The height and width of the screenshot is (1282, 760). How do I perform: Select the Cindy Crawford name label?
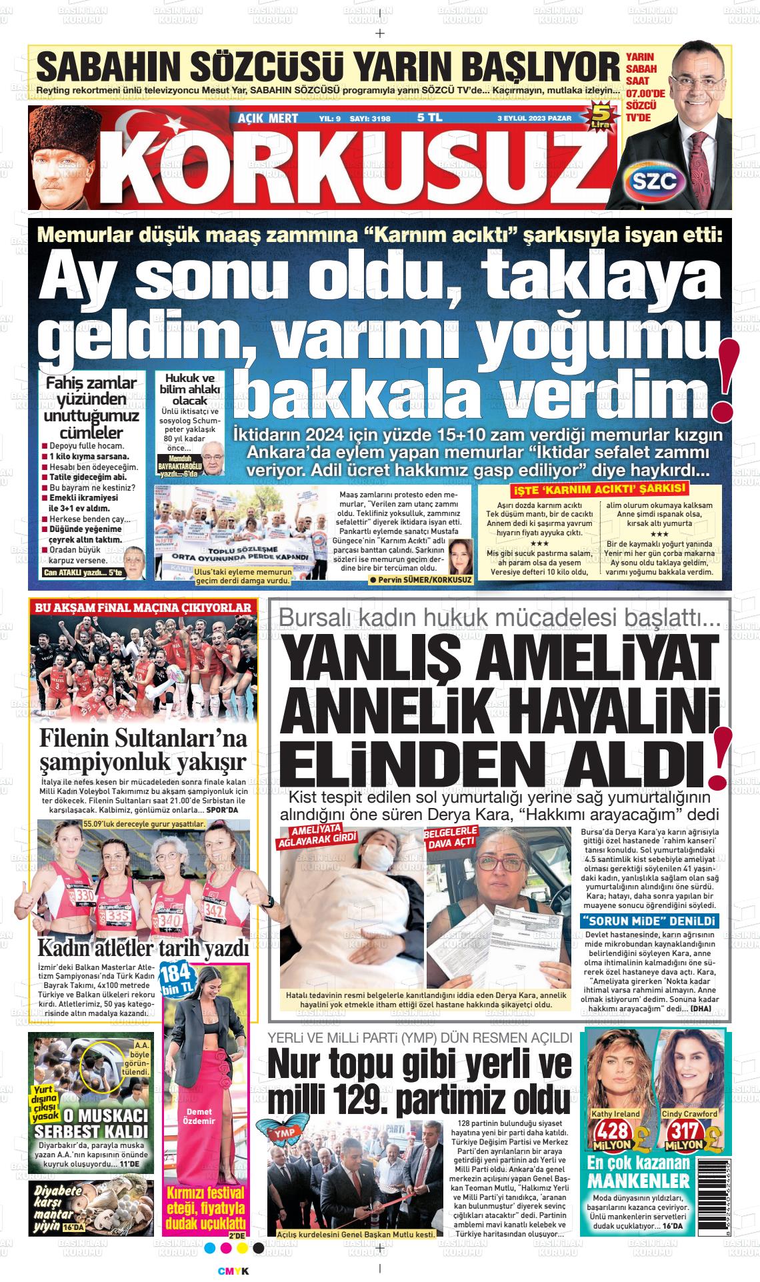(x=689, y=1113)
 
